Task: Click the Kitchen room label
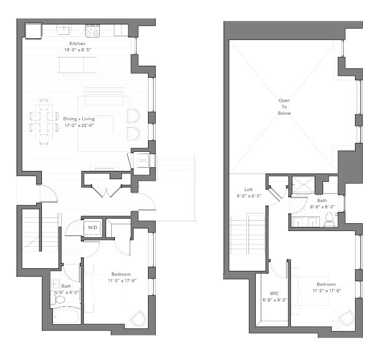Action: (x=78, y=43)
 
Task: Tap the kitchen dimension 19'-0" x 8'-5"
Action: (x=78, y=50)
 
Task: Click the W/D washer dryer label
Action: (x=93, y=227)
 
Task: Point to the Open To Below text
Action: (x=285, y=107)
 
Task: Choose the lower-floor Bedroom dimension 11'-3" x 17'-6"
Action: (x=121, y=281)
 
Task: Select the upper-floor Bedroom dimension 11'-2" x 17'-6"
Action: (x=326, y=291)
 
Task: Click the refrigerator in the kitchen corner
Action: (x=34, y=31)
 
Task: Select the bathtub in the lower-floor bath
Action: (x=66, y=316)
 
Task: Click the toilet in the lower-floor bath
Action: (x=60, y=299)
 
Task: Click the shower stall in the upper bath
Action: (x=300, y=185)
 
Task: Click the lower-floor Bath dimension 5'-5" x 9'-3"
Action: (x=66, y=292)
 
